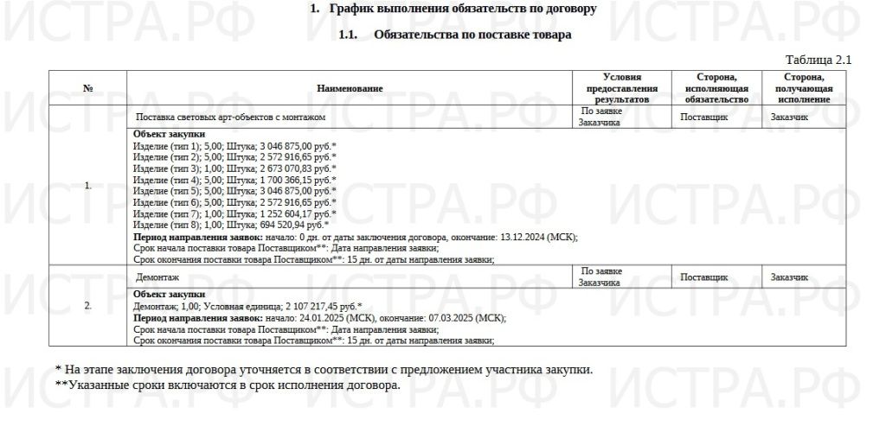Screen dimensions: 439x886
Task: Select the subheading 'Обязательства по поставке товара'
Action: pos(472,35)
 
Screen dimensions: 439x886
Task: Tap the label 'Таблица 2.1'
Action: pos(818,60)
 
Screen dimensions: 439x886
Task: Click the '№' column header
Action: pos(87,88)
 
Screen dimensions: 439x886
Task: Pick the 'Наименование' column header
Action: pos(350,88)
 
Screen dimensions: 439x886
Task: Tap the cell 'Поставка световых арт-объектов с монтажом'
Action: pos(231,117)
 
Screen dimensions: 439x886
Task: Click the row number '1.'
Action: pos(87,185)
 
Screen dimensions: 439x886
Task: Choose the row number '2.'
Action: pos(87,306)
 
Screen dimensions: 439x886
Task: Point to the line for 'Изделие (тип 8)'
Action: pos(231,224)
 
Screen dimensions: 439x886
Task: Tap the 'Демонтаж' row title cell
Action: pos(158,278)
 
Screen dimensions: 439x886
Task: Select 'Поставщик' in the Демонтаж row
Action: pos(704,278)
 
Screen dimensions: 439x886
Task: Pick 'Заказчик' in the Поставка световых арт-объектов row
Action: pos(789,117)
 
